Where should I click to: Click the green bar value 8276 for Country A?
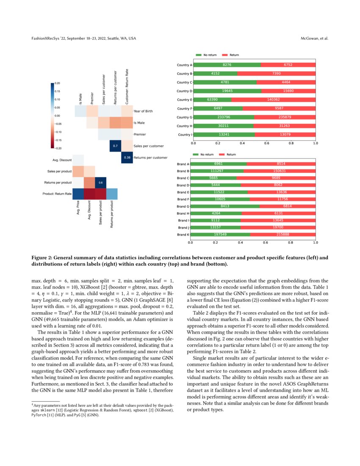(227, 65)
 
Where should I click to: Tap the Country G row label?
(185, 117)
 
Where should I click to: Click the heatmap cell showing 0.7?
(115, 146)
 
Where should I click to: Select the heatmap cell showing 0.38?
(127, 158)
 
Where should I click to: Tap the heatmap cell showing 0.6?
(100, 183)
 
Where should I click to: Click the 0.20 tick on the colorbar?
(58, 83)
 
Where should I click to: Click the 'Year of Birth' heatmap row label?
(143, 111)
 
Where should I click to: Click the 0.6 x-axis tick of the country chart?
(266, 144)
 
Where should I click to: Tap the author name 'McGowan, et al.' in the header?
(314, 39)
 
